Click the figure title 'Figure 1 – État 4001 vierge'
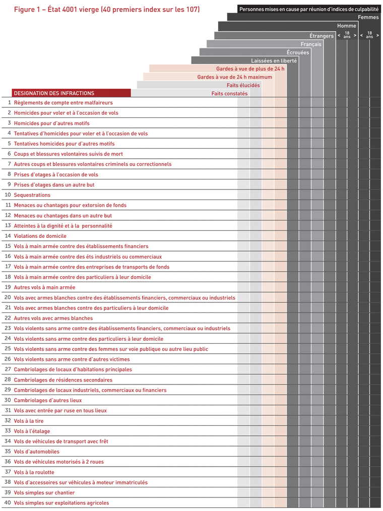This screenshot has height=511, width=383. coord(107,10)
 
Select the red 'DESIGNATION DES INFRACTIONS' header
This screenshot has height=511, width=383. coord(54,93)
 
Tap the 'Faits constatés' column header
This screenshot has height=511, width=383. coord(229,94)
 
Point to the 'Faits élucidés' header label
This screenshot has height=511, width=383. coord(243,85)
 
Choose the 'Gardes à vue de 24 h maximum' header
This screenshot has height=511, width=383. coord(234,77)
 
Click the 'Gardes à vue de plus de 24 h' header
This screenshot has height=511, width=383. coord(250,69)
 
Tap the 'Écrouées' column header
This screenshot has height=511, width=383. coord(298,52)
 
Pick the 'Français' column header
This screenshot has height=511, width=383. coord(310,44)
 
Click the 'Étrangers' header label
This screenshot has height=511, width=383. coord(321,36)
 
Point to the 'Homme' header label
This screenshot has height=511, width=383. coord(347,26)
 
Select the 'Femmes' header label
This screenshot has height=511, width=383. coord(368,17)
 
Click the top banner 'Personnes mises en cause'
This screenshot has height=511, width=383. coord(309,9)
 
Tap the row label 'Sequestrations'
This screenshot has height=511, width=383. coord(32,195)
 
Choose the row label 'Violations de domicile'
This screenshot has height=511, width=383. coord(40,236)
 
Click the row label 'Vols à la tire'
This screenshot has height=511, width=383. coord(29,421)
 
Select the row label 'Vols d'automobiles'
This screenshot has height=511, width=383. coord(36,452)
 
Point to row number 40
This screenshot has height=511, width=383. coord(8,502)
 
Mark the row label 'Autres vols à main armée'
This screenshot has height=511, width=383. coord(44,287)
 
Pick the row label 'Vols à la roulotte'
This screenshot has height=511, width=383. coord(34,472)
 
